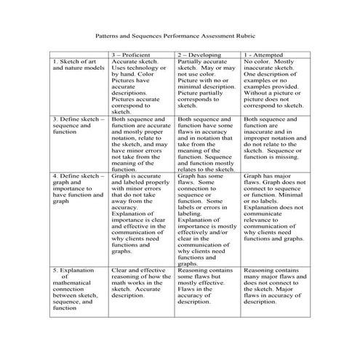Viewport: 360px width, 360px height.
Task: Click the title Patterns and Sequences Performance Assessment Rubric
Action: [180, 34]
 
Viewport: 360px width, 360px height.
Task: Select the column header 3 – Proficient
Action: [131, 55]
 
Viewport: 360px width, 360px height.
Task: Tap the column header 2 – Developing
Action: [197, 55]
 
